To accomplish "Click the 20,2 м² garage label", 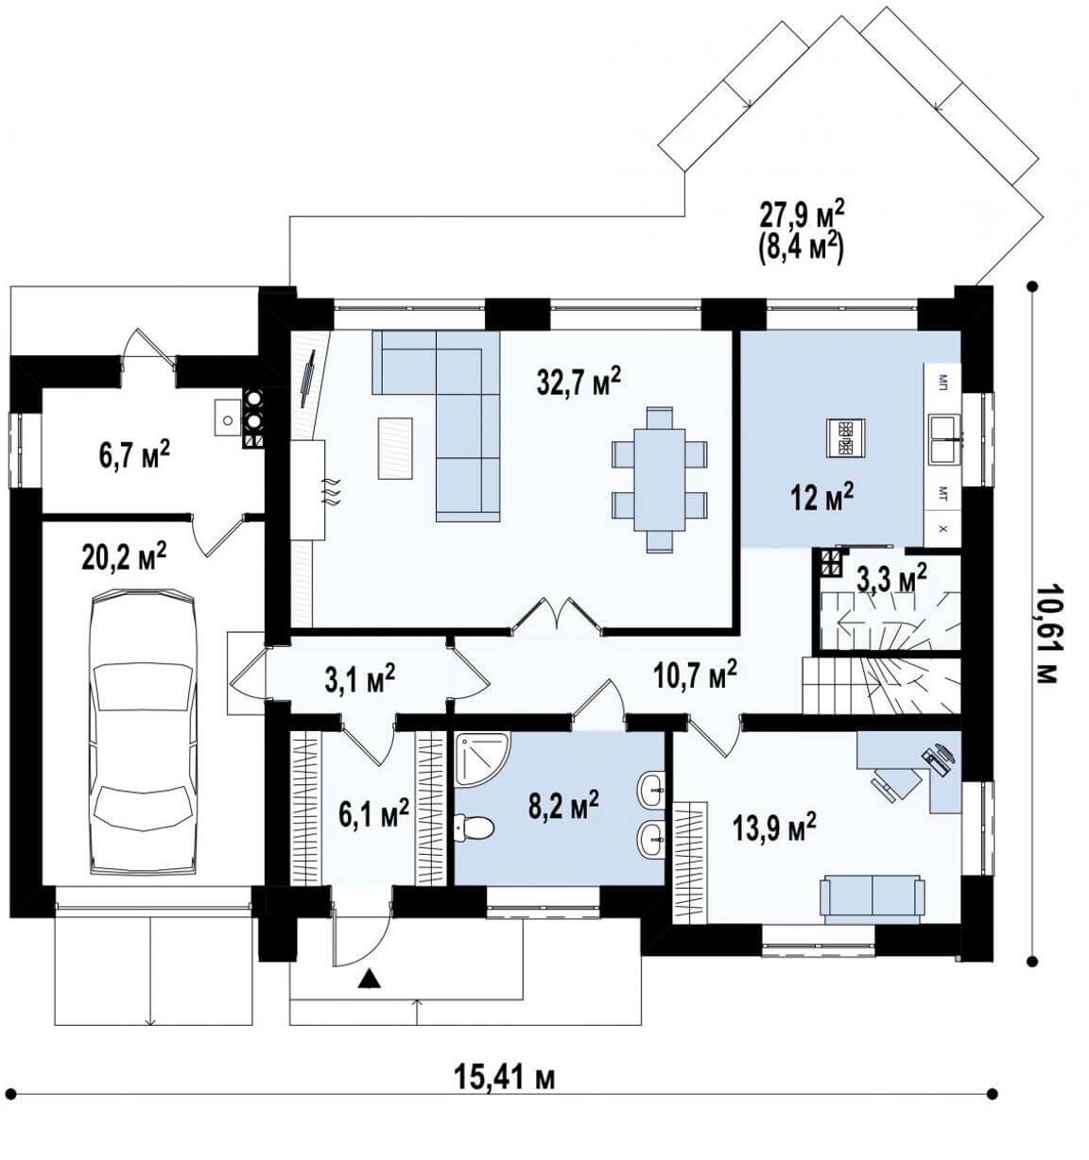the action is pyautogui.click(x=125, y=557).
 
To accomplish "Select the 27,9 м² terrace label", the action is pyautogui.click(x=802, y=216).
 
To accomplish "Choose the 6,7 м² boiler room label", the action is pyautogui.click(x=134, y=455).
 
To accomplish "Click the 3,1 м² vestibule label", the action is pyautogui.click(x=359, y=680).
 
